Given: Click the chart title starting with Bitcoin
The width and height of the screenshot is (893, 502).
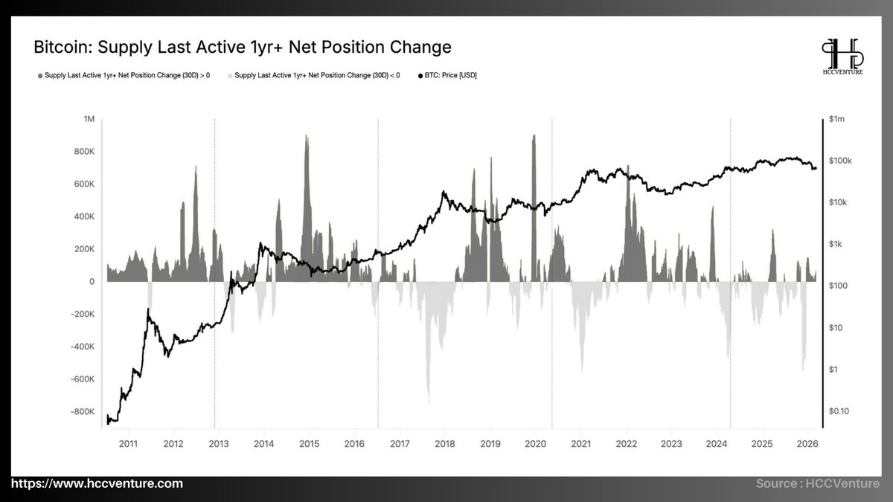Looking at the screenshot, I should (243, 48).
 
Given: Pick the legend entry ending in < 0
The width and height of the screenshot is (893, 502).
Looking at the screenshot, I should (316, 76).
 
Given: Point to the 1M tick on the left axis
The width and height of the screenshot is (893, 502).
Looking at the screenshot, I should (89, 119).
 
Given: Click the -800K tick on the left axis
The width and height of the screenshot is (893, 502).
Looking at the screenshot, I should (83, 411).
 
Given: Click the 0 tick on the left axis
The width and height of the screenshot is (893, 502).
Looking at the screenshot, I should (92, 281).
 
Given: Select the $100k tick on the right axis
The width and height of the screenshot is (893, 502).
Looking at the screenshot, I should (839, 161).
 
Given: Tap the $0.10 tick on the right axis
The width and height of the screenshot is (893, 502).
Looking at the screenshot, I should (838, 411).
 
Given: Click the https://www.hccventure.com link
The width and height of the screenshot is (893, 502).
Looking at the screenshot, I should (92, 483).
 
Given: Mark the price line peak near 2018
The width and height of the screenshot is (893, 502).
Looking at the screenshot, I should (444, 193).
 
